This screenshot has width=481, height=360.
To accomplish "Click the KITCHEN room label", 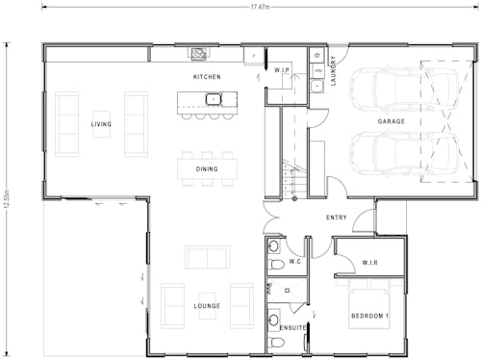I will [x=207, y=76].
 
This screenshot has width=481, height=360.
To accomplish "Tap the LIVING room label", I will [x=101, y=124].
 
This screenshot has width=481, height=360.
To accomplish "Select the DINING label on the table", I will [x=207, y=168].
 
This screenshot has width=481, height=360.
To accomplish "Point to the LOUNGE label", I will [x=206, y=306].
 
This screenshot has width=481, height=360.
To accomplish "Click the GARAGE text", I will [x=391, y=122].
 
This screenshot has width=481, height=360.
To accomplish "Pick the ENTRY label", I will [x=337, y=218].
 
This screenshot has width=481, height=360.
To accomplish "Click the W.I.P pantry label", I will [x=282, y=70].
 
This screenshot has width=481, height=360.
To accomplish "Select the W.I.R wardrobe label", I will [x=371, y=263].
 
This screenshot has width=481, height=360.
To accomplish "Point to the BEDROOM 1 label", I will [x=369, y=317].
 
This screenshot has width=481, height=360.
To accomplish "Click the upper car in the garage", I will [x=385, y=91].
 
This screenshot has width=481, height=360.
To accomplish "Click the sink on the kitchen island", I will [x=214, y=98].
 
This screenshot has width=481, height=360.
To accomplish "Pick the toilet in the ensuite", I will [x=274, y=319].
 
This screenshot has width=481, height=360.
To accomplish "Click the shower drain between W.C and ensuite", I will [x=288, y=289].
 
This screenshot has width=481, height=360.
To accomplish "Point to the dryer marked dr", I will [x=316, y=56].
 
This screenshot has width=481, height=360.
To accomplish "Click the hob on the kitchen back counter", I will [x=199, y=53].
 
